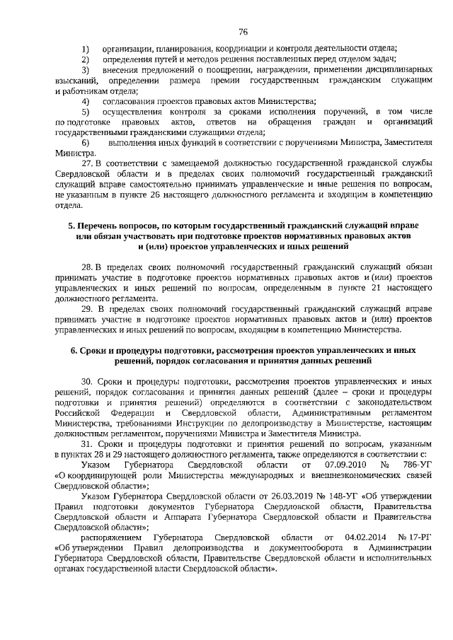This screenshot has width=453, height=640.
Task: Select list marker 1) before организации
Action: tap(85, 48)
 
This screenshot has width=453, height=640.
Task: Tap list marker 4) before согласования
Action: tap(85, 100)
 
